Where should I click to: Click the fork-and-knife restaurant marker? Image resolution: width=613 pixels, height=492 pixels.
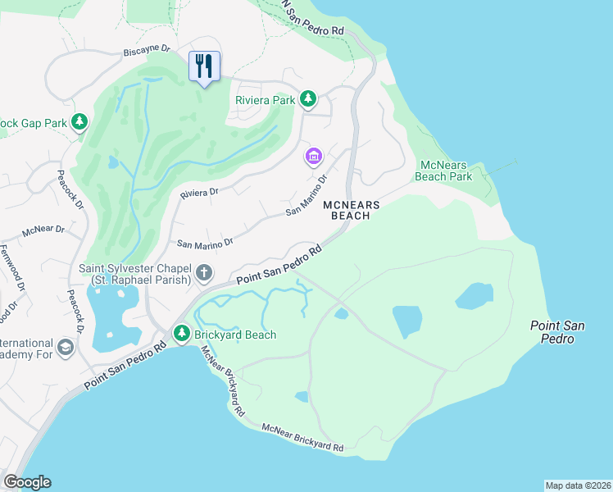click(x=204, y=66)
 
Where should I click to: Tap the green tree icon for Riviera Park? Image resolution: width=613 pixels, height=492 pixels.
click(x=308, y=99)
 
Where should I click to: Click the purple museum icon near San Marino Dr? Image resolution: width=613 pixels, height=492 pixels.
click(x=313, y=156)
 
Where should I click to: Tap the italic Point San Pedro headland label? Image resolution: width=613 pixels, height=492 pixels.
click(x=556, y=332)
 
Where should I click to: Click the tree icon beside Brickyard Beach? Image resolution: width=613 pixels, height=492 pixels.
click(x=182, y=334)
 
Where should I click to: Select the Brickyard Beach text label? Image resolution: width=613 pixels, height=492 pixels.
click(x=234, y=335)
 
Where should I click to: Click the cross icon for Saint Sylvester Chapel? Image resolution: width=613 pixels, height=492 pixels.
click(x=204, y=273)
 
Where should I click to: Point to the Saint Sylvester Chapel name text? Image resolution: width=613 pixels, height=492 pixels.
click(x=135, y=274)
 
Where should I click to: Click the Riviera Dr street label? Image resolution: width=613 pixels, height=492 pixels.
click(x=199, y=193)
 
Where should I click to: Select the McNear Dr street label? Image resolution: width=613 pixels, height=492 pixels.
click(x=43, y=230)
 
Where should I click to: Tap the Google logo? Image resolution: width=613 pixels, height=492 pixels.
click(x=27, y=482)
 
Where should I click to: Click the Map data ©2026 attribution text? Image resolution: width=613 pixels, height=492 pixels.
click(x=578, y=485)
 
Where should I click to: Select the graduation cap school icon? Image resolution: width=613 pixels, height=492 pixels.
click(x=66, y=348)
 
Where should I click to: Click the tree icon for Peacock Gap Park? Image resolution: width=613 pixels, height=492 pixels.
click(x=79, y=123)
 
